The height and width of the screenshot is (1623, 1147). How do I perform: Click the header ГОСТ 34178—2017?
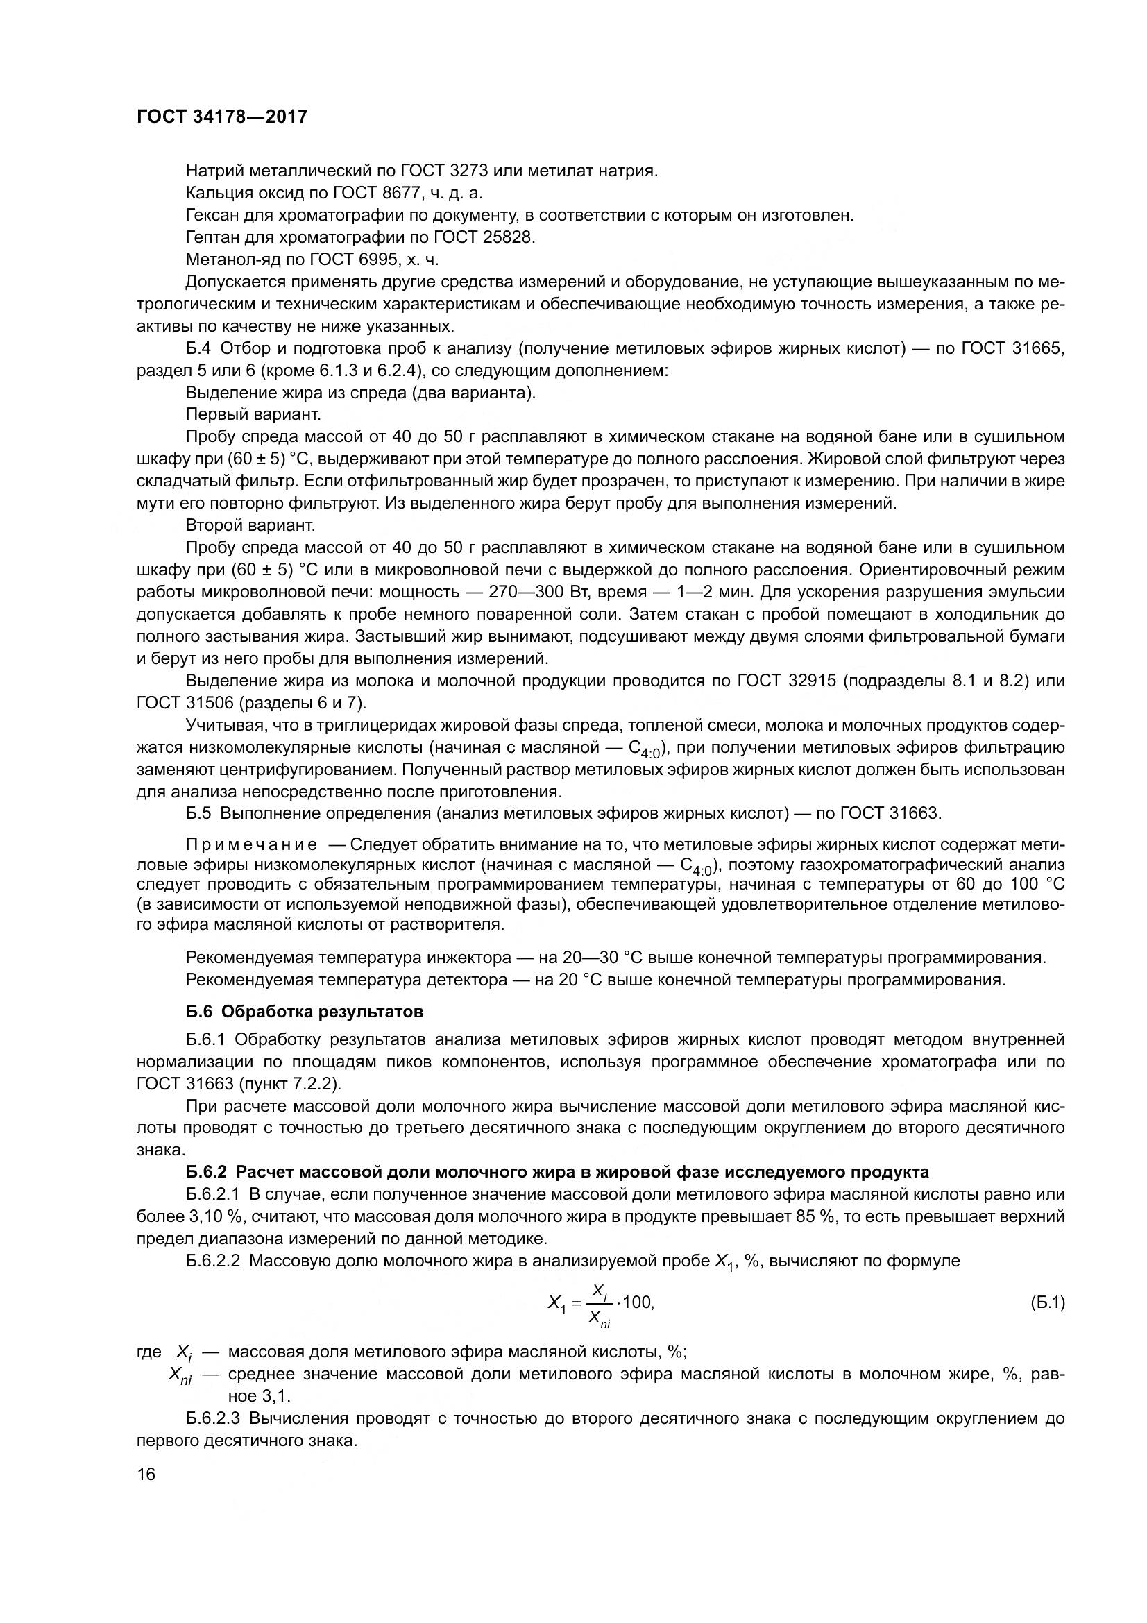tap(222, 117)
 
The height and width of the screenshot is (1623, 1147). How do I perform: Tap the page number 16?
tap(146, 1475)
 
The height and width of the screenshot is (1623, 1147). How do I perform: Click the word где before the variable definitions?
tap(148, 1352)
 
